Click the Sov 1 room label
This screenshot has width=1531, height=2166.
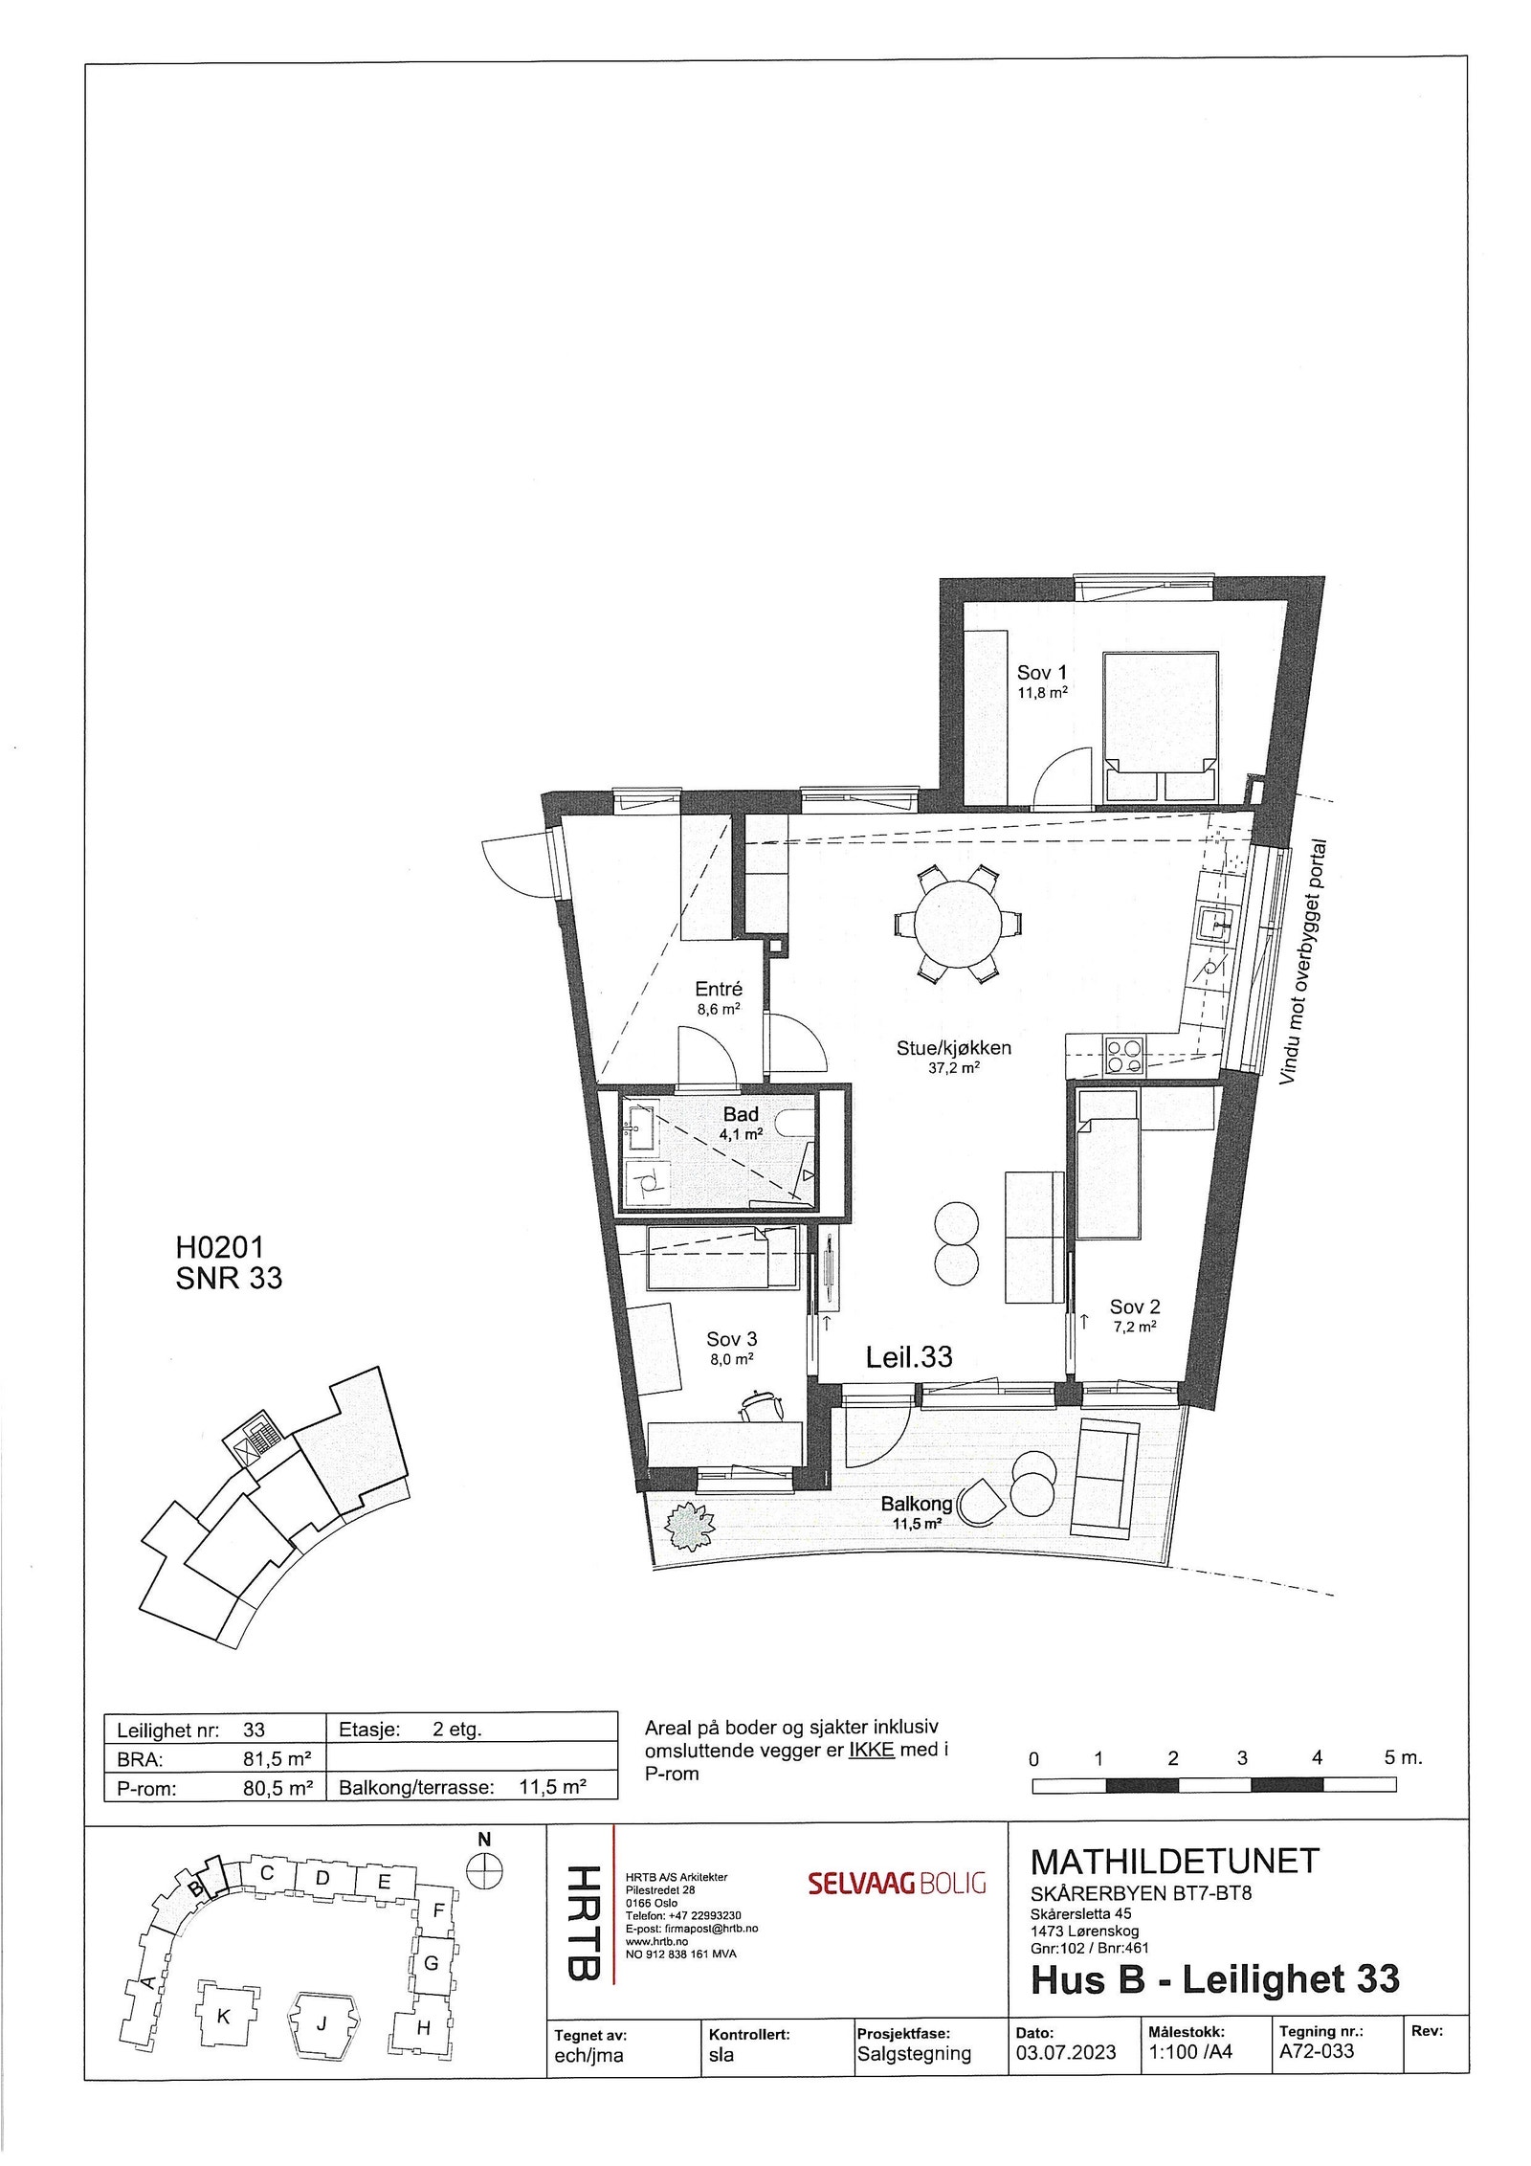(x=1041, y=673)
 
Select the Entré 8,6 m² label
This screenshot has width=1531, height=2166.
(x=718, y=997)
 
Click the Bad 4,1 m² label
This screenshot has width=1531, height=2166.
(x=741, y=1122)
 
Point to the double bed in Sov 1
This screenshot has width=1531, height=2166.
(x=1160, y=727)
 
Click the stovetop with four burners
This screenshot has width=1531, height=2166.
(x=1124, y=1056)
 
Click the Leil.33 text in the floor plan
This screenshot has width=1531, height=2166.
(x=908, y=1356)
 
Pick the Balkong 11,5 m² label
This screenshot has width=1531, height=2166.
(x=916, y=1511)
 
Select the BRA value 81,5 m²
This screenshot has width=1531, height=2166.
(x=277, y=1758)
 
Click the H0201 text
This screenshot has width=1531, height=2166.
(x=219, y=1247)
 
